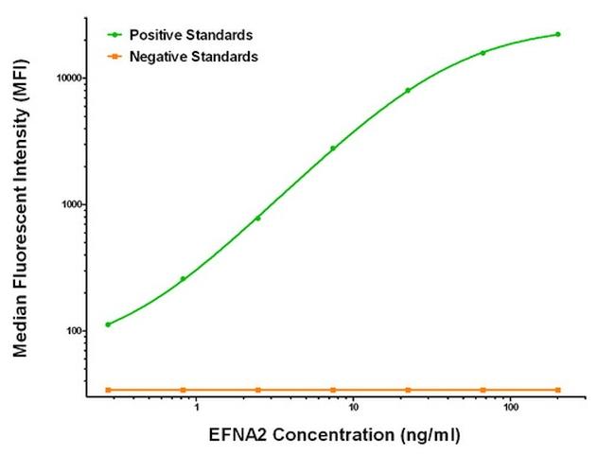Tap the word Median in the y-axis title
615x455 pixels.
click(x=20, y=327)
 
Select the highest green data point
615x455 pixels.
click(x=557, y=34)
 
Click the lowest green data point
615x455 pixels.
click(x=108, y=324)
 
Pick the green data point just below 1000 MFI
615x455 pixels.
click(x=257, y=218)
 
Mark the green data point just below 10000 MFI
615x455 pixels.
click(x=408, y=90)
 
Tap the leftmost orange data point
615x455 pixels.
click(x=108, y=390)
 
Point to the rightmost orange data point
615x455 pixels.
click(x=557, y=390)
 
